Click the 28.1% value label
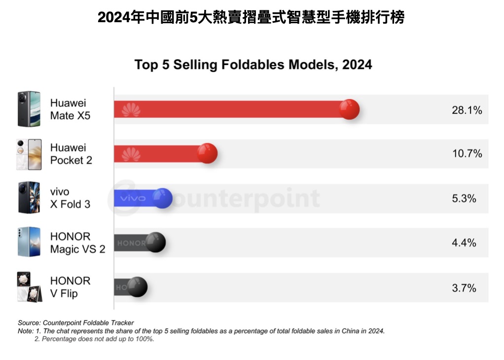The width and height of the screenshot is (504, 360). pos(467,110)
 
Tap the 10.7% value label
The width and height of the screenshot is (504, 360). pos(467,154)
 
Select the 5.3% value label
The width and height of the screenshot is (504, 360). pos(464,198)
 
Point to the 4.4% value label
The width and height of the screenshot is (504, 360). pos(464,243)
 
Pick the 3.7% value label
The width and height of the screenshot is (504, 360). pos(464,288)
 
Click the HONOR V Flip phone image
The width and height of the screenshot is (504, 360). pos(28,287)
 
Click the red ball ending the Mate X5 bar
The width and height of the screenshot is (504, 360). pos(349,109)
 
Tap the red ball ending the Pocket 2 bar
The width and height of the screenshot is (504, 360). pos(207,153)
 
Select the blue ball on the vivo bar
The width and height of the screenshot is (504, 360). pos(162,198)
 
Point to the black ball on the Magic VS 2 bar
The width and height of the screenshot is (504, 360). pos(155,242)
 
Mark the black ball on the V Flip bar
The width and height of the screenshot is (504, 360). pos(137,287)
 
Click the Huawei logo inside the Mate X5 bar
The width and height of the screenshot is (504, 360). pos(131,110)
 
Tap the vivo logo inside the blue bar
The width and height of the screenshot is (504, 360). pos(133,198)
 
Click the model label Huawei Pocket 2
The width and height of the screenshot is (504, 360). pos(71,154)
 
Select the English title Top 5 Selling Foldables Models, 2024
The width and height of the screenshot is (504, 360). pos(253,65)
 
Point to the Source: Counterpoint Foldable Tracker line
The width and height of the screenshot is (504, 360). pos(76,323)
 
